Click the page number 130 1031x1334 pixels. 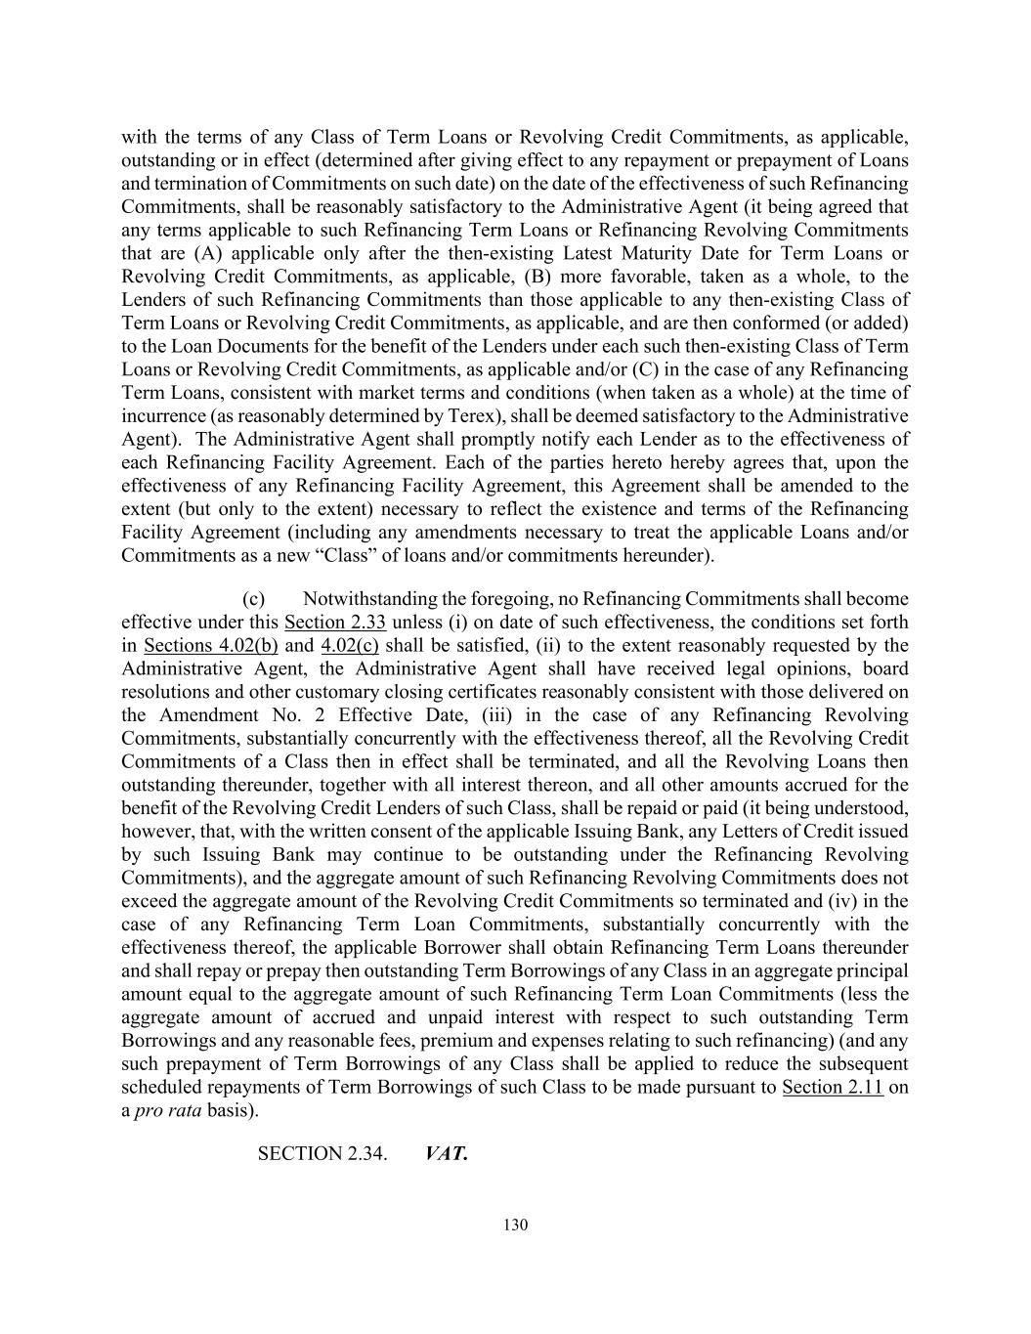(515, 1226)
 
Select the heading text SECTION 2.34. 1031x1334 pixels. (322, 1153)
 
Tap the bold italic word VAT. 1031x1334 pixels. (447, 1153)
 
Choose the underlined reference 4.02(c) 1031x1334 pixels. (349, 646)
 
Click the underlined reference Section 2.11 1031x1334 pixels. (833, 1088)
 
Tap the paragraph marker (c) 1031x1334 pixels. (253, 599)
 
